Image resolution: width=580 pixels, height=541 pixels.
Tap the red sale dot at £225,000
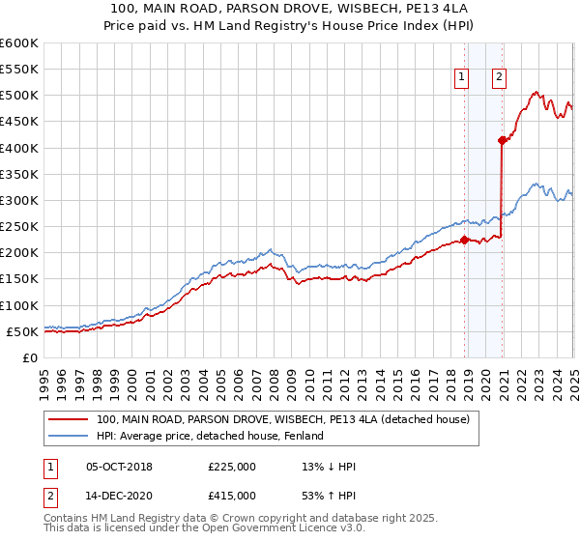click(464, 241)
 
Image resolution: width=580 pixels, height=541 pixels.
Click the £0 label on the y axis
click(29, 357)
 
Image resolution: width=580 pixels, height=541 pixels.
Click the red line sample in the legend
click(70, 419)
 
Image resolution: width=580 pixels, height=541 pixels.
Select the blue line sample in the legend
click(70, 436)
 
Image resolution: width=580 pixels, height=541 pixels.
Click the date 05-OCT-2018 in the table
click(119, 467)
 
